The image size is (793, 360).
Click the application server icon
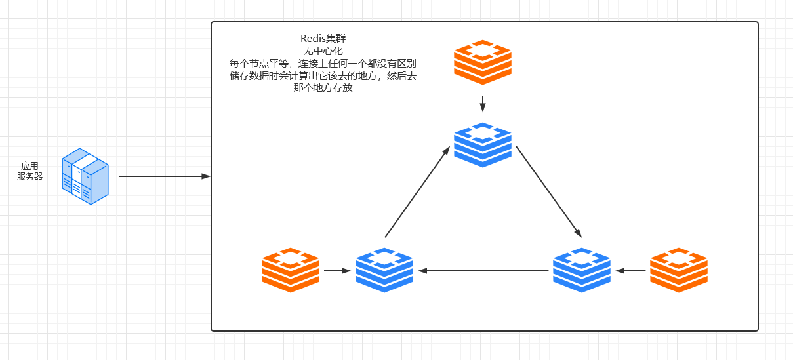pyautogui.click(x=85, y=176)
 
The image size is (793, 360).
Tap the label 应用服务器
pyautogui.click(x=30, y=171)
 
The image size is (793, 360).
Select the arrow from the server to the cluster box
pyautogui.click(x=164, y=176)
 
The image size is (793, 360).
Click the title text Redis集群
pyautogui.click(x=323, y=39)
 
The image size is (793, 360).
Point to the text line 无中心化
pyautogui.click(x=323, y=51)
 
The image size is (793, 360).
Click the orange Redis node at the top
pyautogui.click(x=483, y=62)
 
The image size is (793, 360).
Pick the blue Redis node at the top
pyautogui.click(x=483, y=144)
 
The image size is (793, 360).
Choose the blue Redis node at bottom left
pyautogui.click(x=384, y=270)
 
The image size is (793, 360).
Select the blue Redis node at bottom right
pyautogui.click(x=582, y=270)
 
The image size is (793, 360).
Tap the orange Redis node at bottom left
pyautogui.click(x=291, y=270)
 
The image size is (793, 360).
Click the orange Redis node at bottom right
pyautogui.click(x=679, y=270)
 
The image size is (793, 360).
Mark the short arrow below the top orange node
pyautogui.click(x=483, y=104)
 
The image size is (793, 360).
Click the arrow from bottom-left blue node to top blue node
pyautogui.click(x=417, y=191)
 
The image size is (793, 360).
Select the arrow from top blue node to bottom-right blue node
pyautogui.click(x=548, y=191)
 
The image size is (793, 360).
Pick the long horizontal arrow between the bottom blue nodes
pyautogui.click(x=483, y=270)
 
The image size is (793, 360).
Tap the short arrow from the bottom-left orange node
pyautogui.click(x=337, y=270)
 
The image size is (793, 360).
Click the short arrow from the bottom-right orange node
pyautogui.click(x=630, y=270)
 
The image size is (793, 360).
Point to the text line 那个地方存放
pyautogui.click(x=323, y=88)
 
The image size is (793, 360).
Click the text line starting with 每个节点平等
pyautogui.click(x=323, y=64)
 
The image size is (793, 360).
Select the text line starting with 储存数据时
pyautogui.click(x=323, y=76)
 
